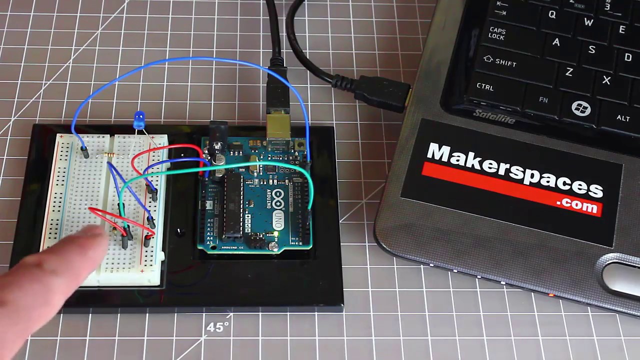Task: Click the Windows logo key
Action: (x=580, y=108)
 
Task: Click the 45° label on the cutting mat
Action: (x=218, y=327)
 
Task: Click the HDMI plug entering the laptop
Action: (x=382, y=93)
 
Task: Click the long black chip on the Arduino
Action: (x=233, y=205)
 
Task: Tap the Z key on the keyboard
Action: (x=568, y=72)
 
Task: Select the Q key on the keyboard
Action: (x=551, y=14)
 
